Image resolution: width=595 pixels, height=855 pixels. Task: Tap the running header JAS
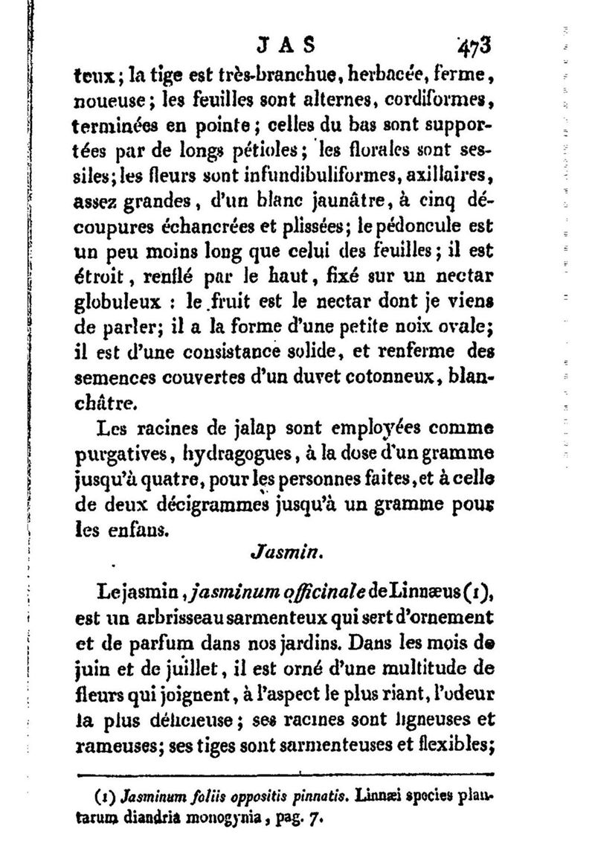point(286,45)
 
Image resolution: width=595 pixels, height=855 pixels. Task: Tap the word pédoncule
point(412,226)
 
